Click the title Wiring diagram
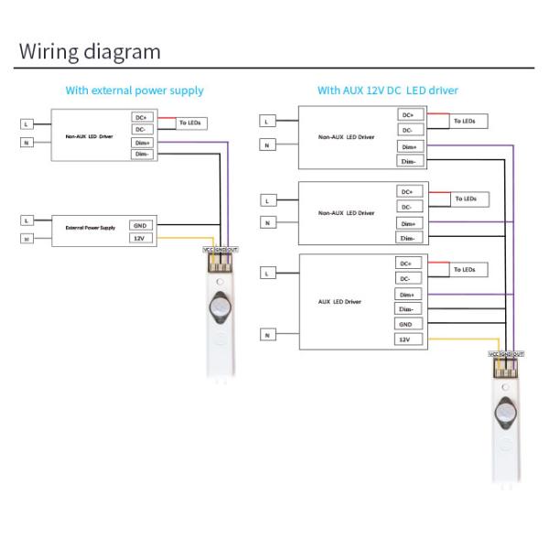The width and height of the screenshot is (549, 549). (x=90, y=51)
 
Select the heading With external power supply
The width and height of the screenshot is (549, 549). (x=135, y=91)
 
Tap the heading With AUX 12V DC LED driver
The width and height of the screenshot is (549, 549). (x=388, y=91)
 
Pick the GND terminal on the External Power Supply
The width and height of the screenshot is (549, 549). (x=140, y=225)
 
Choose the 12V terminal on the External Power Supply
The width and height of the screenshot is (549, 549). (x=140, y=238)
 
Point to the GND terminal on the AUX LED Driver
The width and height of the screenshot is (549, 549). (x=405, y=324)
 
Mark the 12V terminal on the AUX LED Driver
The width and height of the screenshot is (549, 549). (x=405, y=339)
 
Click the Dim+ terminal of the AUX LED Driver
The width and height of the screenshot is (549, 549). (x=405, y=295)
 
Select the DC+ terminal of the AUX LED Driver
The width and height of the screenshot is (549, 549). (x=405, y=264)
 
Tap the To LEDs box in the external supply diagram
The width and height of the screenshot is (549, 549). (x=193, y=123)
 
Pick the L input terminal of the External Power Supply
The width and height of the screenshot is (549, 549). (x=26, y=221)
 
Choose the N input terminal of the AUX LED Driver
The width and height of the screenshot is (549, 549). (x=267, y=335)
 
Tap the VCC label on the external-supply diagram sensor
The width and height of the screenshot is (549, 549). (x=208, y=249)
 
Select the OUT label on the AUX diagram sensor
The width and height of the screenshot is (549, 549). (x=519, y=354)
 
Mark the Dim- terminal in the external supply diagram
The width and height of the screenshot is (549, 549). (x=141, y=155)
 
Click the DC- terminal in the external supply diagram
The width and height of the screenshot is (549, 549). (x=141, y=129)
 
